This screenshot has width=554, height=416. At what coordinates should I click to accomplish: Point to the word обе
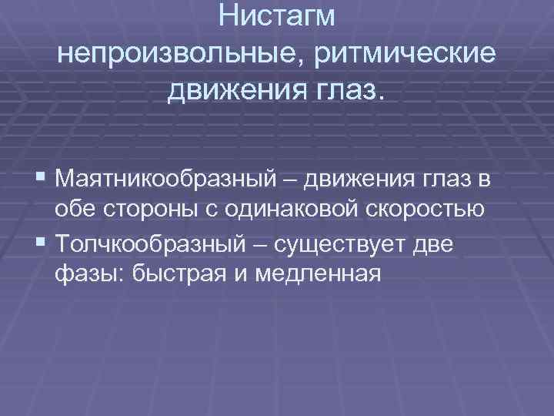coord(72,210)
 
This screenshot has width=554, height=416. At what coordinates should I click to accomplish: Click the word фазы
coord(83,275)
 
